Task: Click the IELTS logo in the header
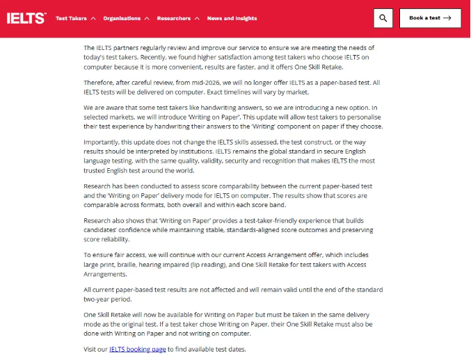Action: [x=26, y=18]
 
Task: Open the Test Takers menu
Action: [x=71, y=19]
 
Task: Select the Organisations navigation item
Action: [x=122, y=19]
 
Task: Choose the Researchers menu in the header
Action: [x=174, y=19]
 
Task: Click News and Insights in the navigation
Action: [x=232, y=19]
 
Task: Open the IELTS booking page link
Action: [x=137, y=349]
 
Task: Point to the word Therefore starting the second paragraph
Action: [x=99, y=82]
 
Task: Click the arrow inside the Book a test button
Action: [x=447, y=18]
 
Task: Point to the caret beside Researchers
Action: [x=198, y=19]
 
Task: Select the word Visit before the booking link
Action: [x=90, y=349]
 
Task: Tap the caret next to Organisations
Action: [x=147, y=19]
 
